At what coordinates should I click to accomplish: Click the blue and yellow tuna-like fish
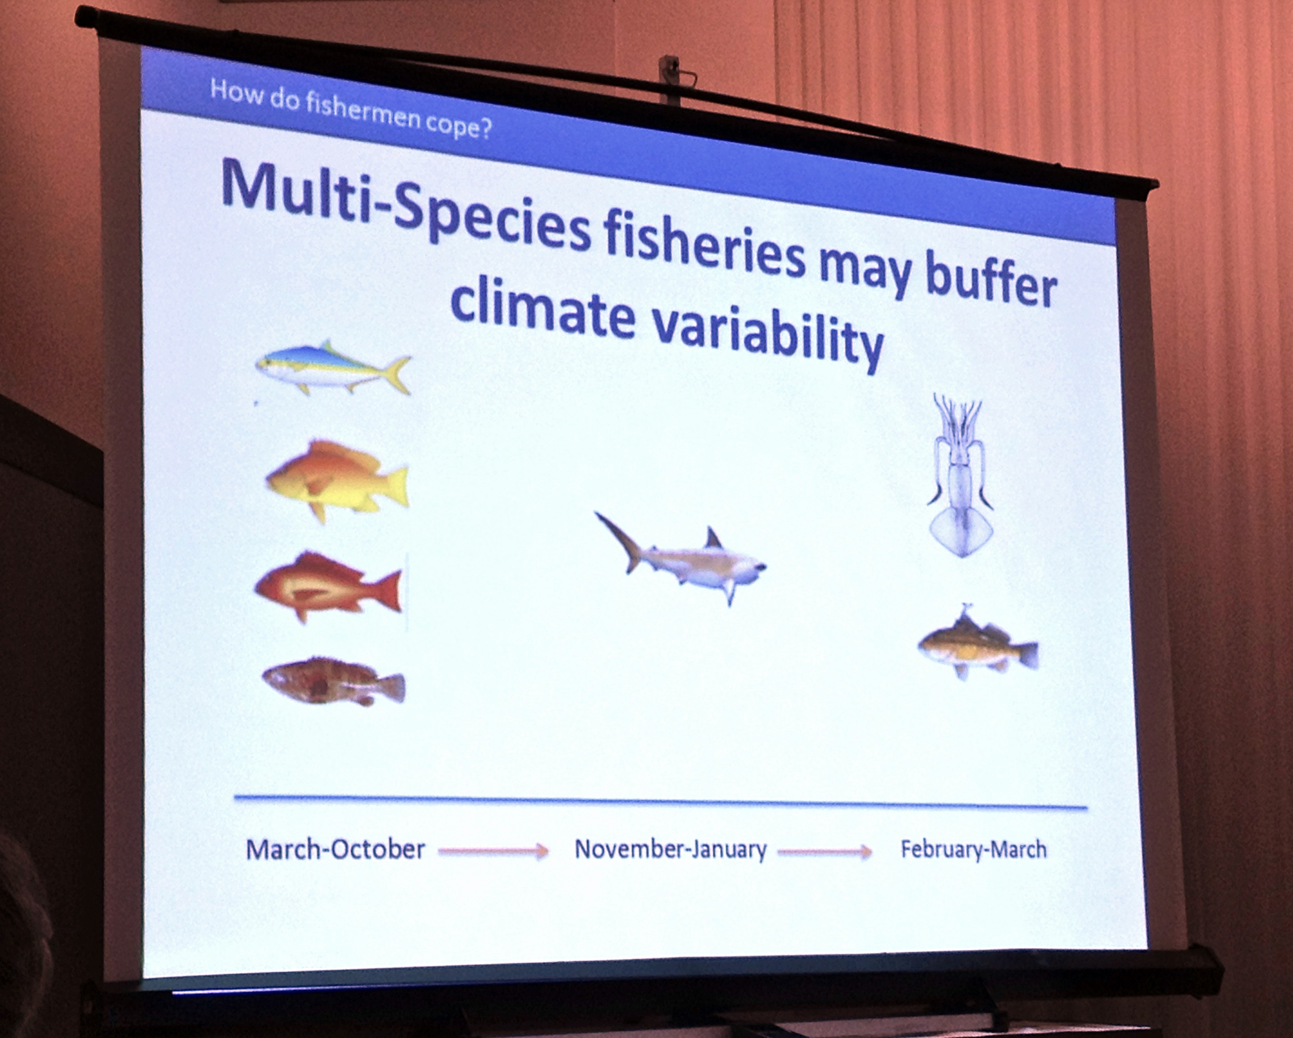point(333,367)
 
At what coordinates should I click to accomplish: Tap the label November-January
point(671,850)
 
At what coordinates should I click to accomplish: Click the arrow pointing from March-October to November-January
point(493,851)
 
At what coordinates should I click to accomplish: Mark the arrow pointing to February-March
point(824,852)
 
